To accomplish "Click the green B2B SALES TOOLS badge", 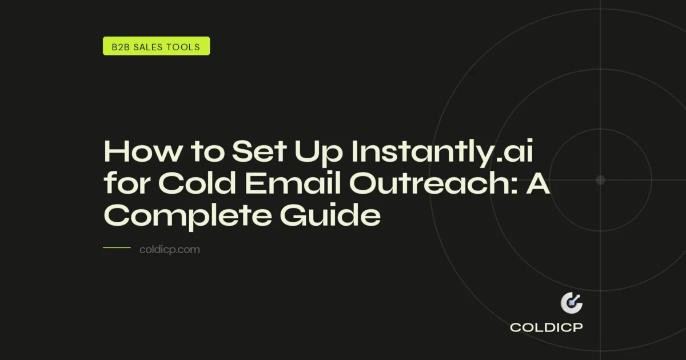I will click(x=156, y=46).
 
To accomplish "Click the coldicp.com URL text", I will click(x=170, y=250).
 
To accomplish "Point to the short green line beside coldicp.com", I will click(x=117, y=248).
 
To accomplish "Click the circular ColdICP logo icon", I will click(x=571, y=303).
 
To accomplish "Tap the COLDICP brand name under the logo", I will click(x=547, y=328).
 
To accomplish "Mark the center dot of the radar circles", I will click(x=600, y=180).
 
